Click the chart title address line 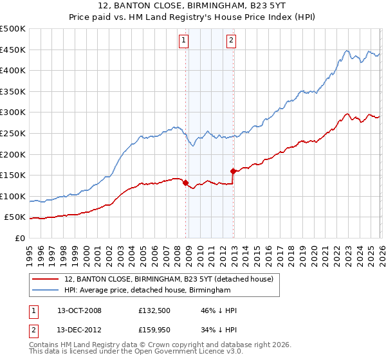pos(192,6)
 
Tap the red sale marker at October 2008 pos(185,183)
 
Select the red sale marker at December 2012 pos(233,171)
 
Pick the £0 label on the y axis pos(19,238)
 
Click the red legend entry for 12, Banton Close pos(169,279)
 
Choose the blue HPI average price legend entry pos(147,291)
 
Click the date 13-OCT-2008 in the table pos(79,310)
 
